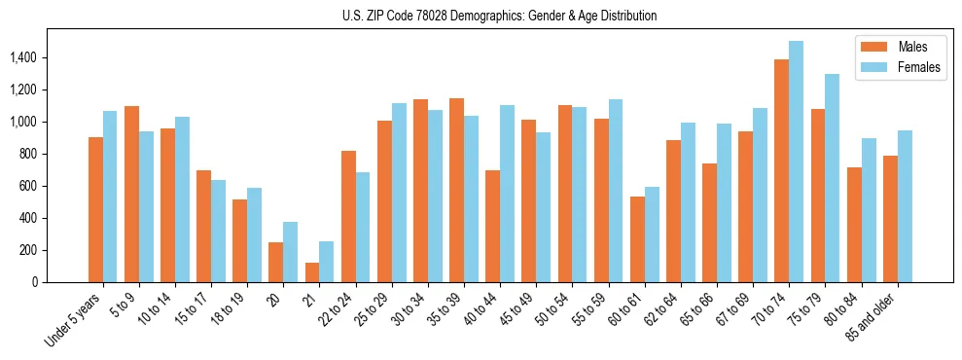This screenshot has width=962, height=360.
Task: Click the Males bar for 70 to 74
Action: point(781,171)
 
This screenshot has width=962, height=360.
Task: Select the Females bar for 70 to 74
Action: point(796,162)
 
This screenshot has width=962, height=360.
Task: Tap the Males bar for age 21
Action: point(312,272)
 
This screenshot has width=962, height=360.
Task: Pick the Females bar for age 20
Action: point(291,252)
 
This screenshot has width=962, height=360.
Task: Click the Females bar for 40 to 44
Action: point(507,194)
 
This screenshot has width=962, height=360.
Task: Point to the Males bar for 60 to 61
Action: point(637,239)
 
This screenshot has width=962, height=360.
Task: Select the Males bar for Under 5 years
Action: point(95,210)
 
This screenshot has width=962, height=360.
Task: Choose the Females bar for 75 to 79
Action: point(832,178)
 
